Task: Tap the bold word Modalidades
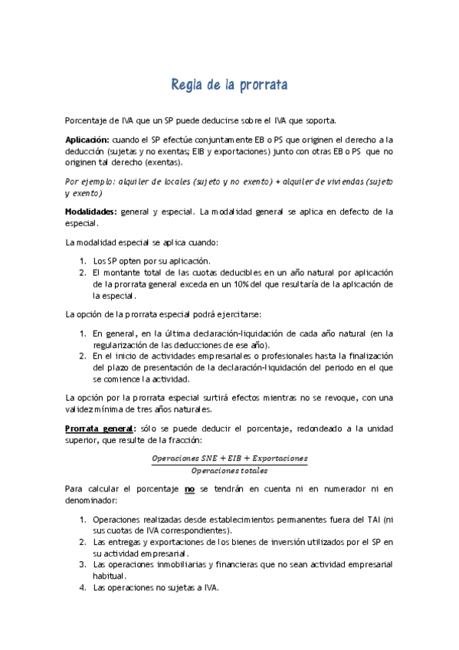91,211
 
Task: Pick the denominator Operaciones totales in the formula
229,469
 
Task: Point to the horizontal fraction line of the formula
229,463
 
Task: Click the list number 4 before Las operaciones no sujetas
84,588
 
